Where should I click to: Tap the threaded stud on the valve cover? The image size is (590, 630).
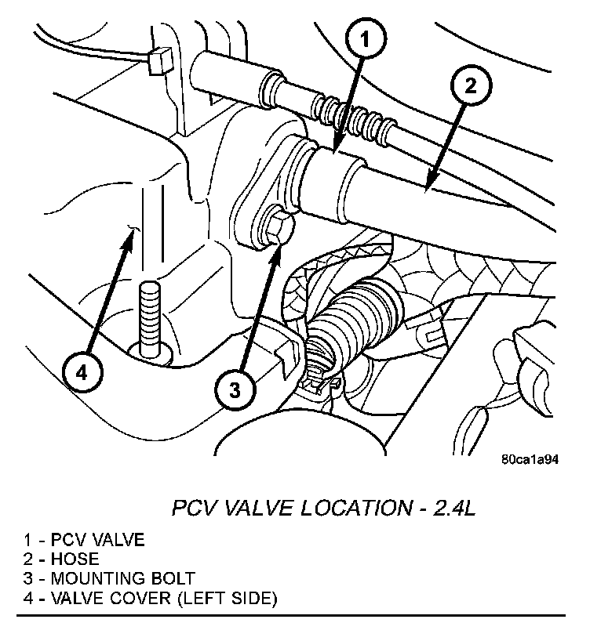tap(149, 317)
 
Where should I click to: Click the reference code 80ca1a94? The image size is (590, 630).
tap(530, 460)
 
